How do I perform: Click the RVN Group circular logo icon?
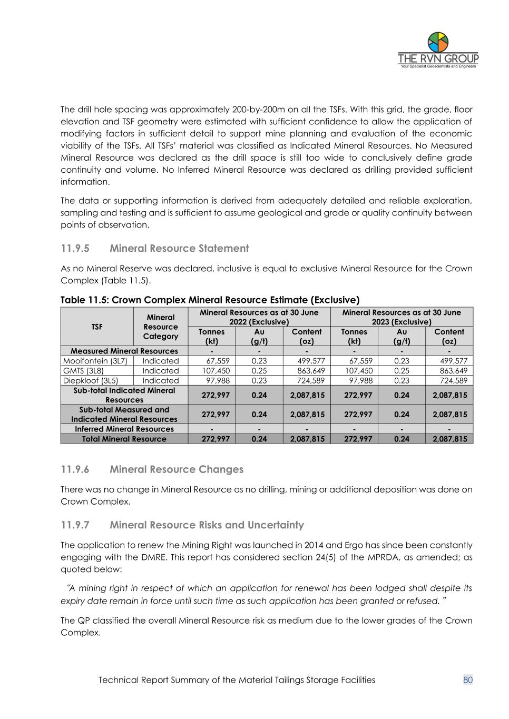pos(438,42)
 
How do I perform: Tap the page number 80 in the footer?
pos(468,679)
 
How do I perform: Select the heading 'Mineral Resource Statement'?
pos(179,248)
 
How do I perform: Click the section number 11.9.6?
pos(75,469)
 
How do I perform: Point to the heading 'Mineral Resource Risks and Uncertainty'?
pos(207,525)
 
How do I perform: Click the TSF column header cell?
pos(97,327)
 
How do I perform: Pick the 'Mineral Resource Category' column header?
pos(161,327)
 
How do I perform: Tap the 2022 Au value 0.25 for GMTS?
pos(259,370)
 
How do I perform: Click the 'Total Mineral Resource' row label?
pos(124,439)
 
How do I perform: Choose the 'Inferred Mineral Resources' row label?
pos(124,429)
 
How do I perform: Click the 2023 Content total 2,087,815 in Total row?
pos(449,439)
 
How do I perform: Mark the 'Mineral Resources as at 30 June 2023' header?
pos(402,317)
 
